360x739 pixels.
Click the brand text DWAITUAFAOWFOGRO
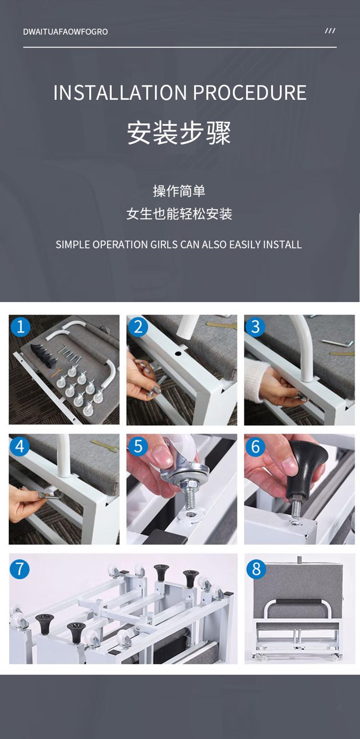click(x=65, y=32)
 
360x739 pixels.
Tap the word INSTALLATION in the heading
click(x=120, y=92)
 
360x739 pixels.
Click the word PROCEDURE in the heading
click(x=250, y=92)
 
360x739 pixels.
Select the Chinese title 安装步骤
click(x=179, y=133)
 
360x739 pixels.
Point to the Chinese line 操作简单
click(x=179, y=191)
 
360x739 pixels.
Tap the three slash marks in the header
click(x=330, y=31)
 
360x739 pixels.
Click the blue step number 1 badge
click(x=21, y=327)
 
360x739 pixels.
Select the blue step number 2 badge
click(x=138, y=327)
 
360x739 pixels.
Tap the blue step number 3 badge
click(x=255, y=327)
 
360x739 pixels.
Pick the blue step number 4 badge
click(x=20, y=446)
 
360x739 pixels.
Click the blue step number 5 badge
click(x=138, y=446)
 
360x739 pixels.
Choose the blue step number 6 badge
click(x=255, y=447)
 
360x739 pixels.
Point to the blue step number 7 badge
click(x=20, y=569)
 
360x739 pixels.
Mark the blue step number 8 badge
click(x=256, y=569)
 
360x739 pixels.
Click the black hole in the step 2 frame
click(x=179, y=354)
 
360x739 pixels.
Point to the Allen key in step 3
click(x=334, y=343)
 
